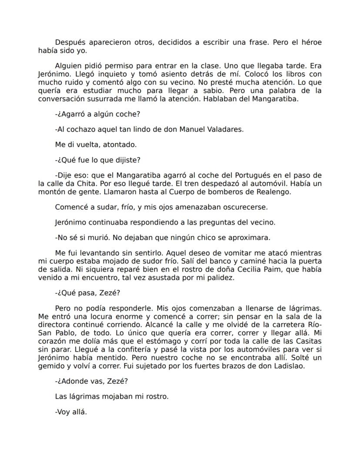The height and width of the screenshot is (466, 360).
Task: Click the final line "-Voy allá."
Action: tap(71, 412)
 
